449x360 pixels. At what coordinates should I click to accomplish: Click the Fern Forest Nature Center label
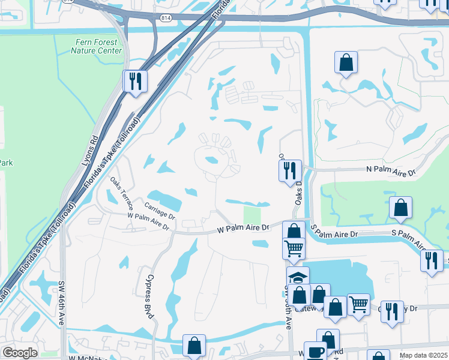(96, 46)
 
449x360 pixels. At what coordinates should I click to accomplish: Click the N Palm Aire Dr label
(391, 171)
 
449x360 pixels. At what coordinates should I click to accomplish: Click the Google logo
(20, 353)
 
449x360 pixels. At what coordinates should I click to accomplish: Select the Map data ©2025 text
(424, 355)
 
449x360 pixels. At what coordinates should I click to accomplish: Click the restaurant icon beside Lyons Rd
(135, 80)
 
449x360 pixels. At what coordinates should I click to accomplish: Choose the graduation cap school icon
(297, 277)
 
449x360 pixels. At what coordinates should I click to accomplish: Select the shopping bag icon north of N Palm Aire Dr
(346, 62)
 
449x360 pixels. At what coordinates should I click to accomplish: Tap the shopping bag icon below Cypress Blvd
(194, 345)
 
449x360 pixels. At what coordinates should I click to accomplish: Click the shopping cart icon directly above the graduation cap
(294, 247)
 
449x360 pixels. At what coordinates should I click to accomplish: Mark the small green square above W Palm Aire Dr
(252, 215)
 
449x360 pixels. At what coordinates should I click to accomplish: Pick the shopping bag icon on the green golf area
(400, 208)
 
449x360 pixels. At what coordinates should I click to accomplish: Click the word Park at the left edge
(6, 163)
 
